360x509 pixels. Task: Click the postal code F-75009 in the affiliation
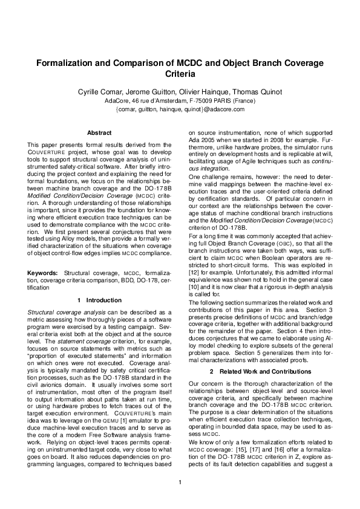pos(202,100)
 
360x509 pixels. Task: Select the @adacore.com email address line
pos(180,109)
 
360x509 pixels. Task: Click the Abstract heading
pos(99,132)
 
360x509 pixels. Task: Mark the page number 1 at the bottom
pos(180,482)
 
